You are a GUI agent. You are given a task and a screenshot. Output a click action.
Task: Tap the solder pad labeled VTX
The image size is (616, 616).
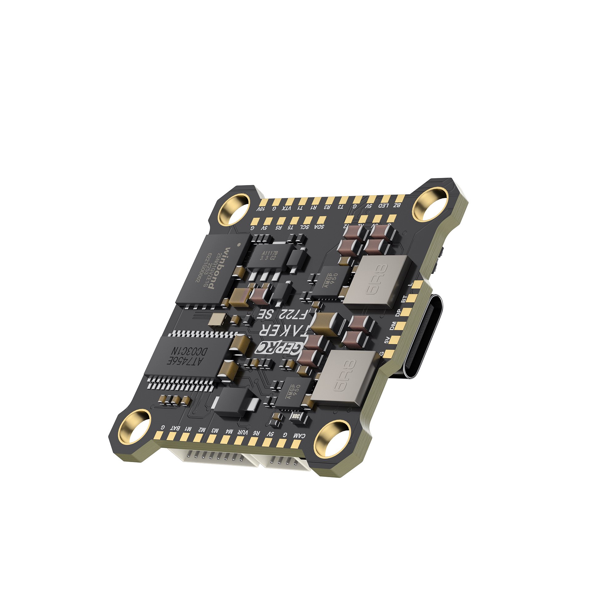290,201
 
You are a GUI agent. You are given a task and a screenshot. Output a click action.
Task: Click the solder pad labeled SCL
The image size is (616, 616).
308,220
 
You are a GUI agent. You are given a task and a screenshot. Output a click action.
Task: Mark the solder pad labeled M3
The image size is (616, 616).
211,438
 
